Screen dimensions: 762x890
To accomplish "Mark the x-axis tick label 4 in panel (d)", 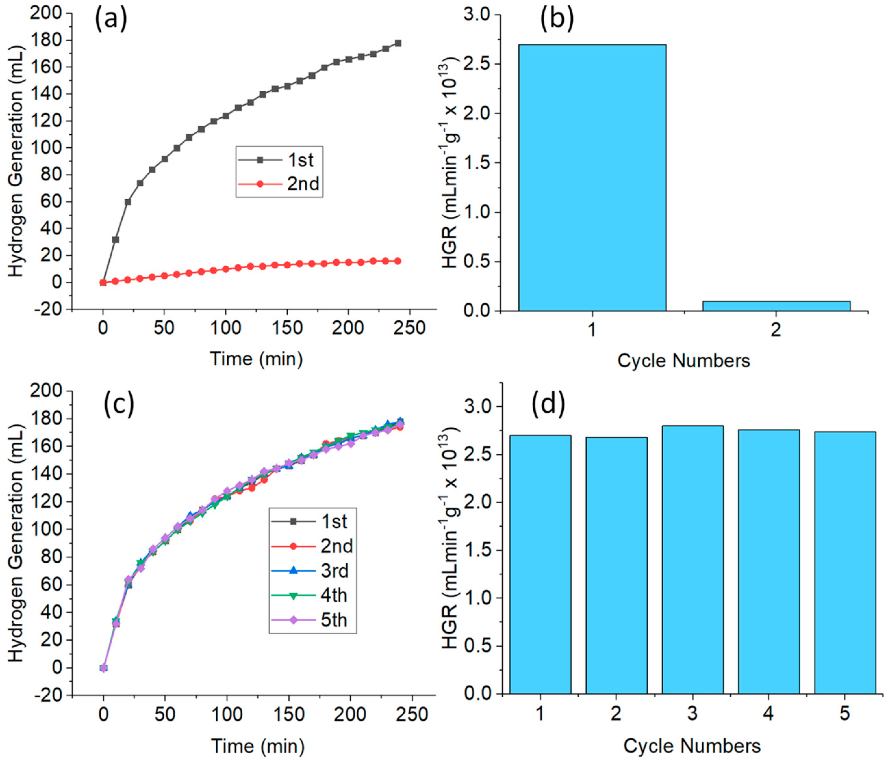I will (768, 713).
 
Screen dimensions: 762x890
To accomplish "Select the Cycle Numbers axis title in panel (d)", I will (692, 746).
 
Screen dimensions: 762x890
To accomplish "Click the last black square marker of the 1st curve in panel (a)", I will (398, 43).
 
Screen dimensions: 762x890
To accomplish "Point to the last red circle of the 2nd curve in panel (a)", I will (398, 261).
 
